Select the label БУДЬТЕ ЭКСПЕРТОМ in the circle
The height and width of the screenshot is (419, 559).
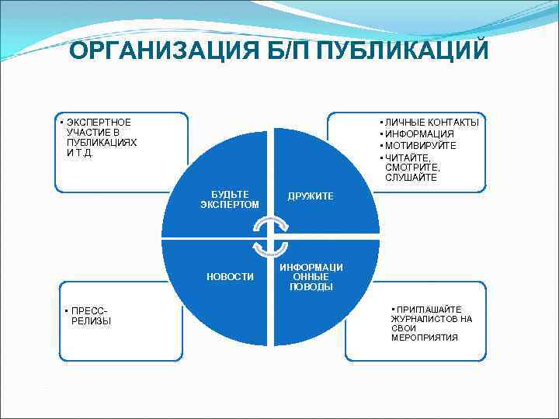[x=229, y=199]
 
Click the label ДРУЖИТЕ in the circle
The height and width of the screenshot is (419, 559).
[x=311, y=196]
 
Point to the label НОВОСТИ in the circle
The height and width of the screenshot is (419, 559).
[x=230, y=277]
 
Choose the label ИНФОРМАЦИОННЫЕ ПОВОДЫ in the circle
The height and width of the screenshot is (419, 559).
[x=311, y=277]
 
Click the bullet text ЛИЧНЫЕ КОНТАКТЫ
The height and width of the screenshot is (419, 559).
[x=432, y=123]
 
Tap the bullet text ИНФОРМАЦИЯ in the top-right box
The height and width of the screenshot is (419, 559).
[x=419, y=134]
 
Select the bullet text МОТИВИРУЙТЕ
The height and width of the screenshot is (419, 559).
[x=421, y=146]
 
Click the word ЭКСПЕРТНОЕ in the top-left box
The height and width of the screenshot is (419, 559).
[x=99, y=123]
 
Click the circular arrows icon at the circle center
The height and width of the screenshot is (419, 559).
[x=271, y=236]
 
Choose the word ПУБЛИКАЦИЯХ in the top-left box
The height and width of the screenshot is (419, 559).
[x=102, y=143]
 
